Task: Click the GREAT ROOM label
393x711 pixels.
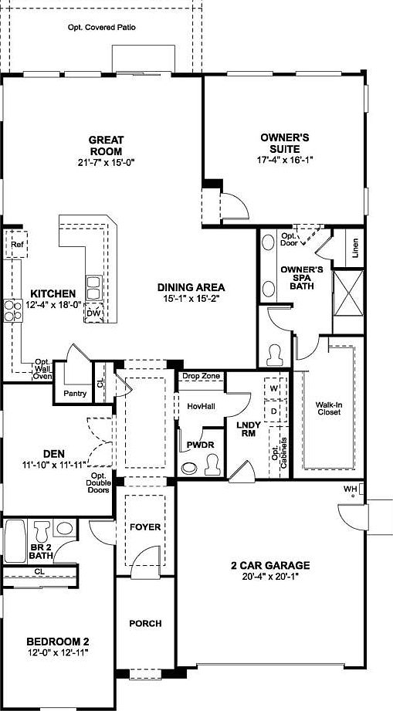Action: click(106, 145)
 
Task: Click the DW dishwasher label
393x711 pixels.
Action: click(93, 313)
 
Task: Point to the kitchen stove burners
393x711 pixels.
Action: click(13, 310)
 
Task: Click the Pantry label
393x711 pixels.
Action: click(73, 393)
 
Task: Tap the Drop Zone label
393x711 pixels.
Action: click(201, 377)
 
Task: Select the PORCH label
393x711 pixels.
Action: click(144, 623)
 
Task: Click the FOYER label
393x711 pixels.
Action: click(144, 527)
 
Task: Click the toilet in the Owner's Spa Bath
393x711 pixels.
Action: click(274, 354)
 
